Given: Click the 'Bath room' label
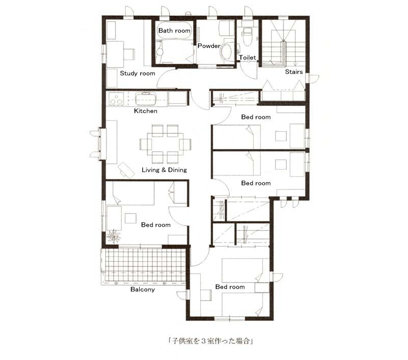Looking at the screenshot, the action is pyautogui.click(x=174, y=31).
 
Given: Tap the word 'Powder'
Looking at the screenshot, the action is pyautogui.click(x=209, y=46).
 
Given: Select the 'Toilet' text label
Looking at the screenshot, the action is pyautogui.click(x=247, y=57).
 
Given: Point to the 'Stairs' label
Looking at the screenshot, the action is pyautogui.click(x=294, y=72).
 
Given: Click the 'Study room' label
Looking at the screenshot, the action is pyautogui.click(x=137, y=73).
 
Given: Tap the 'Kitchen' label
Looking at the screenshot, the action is pyautogui.click(x=145, y=111).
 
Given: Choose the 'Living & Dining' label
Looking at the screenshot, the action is pyautogui.click(x=164, y=170).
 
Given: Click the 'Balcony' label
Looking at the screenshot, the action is pyautogui.click(x=143, y=289).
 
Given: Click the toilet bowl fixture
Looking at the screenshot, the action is pyautogui.click(x=246, y=37).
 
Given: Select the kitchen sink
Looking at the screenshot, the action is pyautogui.click(x=146, y=99).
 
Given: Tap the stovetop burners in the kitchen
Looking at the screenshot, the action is pyautogui.click(x=116, y=99).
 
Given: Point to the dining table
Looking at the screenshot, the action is pyautogui.click(x=165, y=144).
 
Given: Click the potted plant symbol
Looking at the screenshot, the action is pyautogui.click(x=114, y=236).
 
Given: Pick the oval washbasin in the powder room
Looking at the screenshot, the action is pyautogui.click(x=227, y=52).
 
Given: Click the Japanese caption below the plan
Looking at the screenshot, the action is pyautogui.click(x=211, y=341).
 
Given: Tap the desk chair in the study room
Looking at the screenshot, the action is pyautogui.click(x=129, y=54).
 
